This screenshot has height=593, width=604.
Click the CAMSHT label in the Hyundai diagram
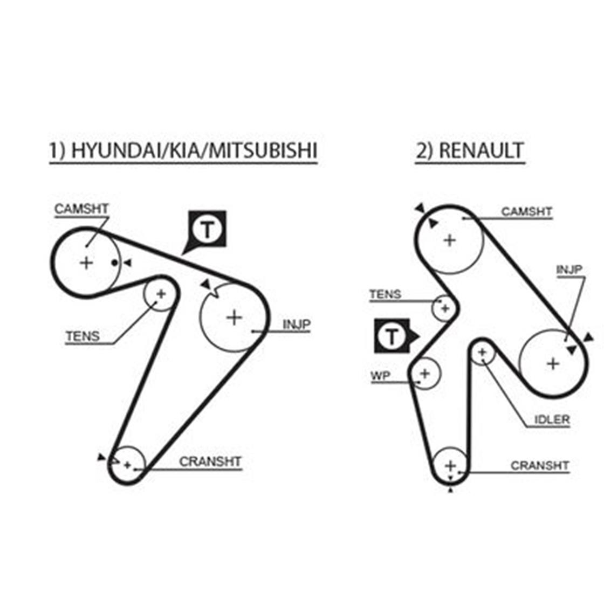(x=81, y=209)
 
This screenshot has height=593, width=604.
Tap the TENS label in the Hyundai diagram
(x=83, y=336)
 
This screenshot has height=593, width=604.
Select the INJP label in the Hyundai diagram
(x=297, y=325)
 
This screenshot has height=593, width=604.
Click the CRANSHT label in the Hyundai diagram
(x=210, y=461)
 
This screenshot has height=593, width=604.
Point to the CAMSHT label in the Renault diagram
(x=526, y=211)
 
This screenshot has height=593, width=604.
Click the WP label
(x=380, y=375)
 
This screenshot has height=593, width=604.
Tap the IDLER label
(x=552, y=419)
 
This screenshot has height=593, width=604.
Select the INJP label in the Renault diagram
(x=569, y=270)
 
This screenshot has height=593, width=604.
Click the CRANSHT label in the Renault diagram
(x=540, y=466)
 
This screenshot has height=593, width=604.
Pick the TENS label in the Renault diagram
(x=386, y=294)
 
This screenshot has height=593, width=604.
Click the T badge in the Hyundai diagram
(x=207, y=230)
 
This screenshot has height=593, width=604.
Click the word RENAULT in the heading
(x=481, y=150)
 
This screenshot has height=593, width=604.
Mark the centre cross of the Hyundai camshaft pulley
(x=86, y=263)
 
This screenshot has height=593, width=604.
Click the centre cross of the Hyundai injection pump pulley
(x=234, y=318)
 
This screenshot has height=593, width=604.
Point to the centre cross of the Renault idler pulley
(x=482, y=352)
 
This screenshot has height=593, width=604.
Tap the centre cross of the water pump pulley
(x=425, y=373)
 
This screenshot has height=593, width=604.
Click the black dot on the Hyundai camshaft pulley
(x=114, y=263)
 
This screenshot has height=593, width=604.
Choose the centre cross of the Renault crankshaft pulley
(x=450, y=466)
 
